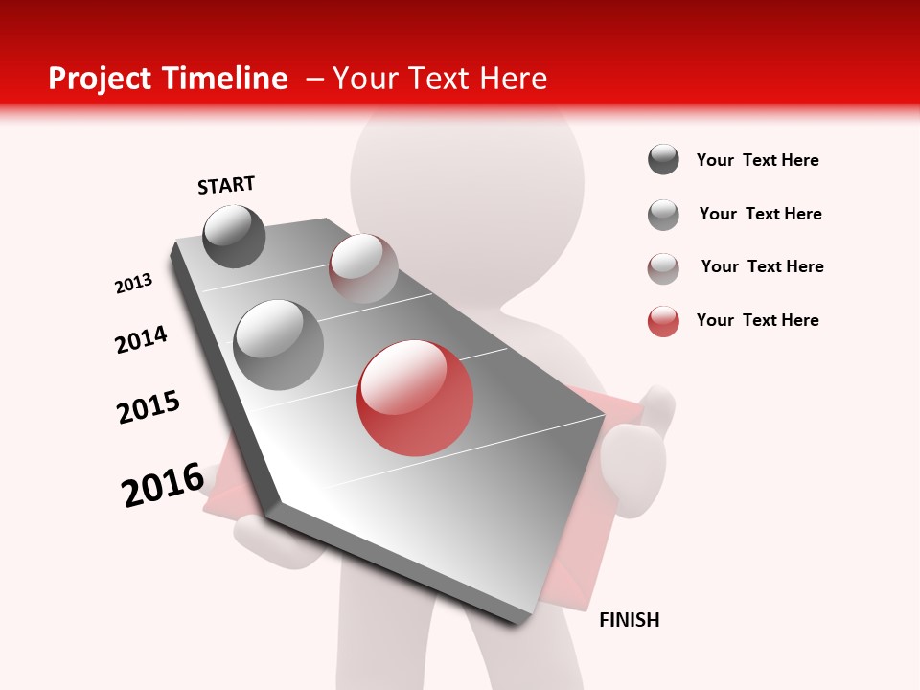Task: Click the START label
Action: [x=226, y=185]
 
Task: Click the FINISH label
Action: [x=630, y=620]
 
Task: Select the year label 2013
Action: [x=134, y=284]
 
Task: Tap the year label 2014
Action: [x=142, y=339]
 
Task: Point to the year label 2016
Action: [x=163, y=484]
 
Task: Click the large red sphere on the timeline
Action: [x=416, y=398]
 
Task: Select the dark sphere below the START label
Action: [x=235, y=236]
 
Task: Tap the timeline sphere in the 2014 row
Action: [x=279, y=344]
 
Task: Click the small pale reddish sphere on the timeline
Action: [x=363, y=268]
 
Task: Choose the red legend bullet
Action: [x=663, y=321]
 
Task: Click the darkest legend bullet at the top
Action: [x=663, y=160]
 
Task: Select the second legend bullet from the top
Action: [x=663, y=215]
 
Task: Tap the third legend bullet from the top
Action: [x=663, y=268]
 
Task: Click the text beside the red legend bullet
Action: [x=757, y=320]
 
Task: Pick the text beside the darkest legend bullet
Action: [x=757, y=160]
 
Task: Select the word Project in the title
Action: [x=97, y=79]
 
